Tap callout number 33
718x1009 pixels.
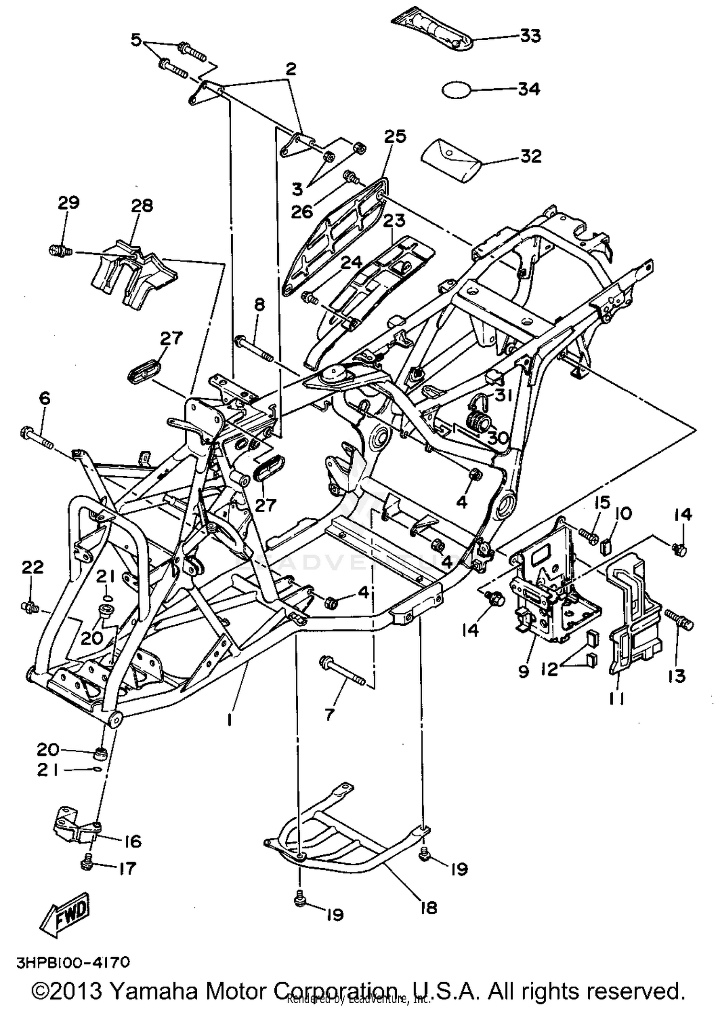pos(530,36)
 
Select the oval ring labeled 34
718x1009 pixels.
pos(457,90)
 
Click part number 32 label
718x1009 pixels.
pos(531,156)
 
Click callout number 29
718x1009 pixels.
pos(68,202)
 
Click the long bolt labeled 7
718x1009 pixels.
pos(342,671)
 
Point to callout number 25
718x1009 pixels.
pos(395,137)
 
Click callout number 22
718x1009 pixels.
pos(33,567)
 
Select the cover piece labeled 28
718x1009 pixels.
pos(134,278)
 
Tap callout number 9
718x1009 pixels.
pos(524,671)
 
